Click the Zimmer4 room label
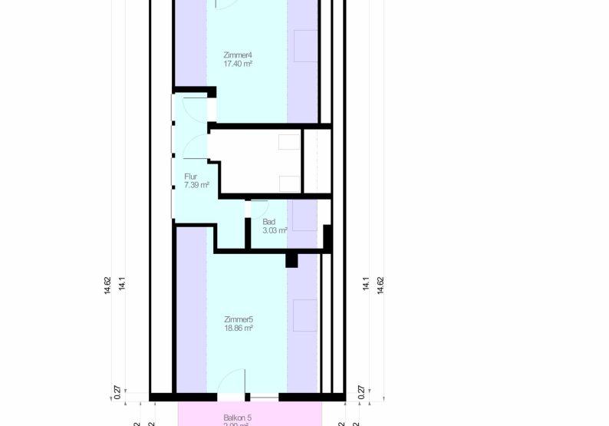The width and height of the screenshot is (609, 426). [x=238, y=55]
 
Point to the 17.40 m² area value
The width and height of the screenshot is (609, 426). [x=238, y=64]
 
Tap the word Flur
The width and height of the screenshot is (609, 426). [x=190, y=177]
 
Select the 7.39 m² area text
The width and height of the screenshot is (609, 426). [x=196, y=185]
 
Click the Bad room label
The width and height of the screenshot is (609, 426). [x=268, y=221]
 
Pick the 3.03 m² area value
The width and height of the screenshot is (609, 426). [x=275, y=230]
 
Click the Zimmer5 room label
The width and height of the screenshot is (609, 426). [x=239, y=319]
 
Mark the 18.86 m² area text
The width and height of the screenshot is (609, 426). [x=239, y=328]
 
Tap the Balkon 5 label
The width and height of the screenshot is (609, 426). [x=238, y=418]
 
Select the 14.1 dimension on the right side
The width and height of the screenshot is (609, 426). [x=366, y=283]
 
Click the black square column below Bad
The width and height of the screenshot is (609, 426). [x=291, y=260]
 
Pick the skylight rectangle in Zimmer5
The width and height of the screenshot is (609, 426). [x=305, y=314]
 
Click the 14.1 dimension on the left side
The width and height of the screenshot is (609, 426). [x=122, y=283]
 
